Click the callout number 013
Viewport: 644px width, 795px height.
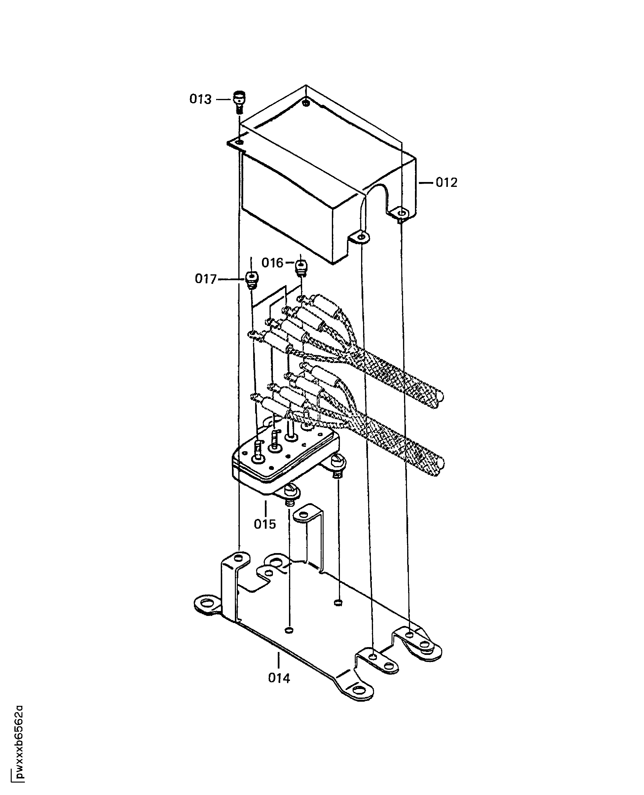click(x=200, y=99)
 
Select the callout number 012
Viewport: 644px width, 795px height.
click(x=446, y=182)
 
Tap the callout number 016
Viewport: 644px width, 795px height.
click(x=272, y=263)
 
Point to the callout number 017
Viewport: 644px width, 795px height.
click(x=205, y=279)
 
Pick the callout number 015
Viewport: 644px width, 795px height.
click(x=265, y=524)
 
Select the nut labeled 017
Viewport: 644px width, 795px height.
click(x=252, y=279)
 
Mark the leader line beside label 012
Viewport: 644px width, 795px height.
click(x=426, y=182)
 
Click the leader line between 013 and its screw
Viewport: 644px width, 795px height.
click(x=223, y=99)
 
